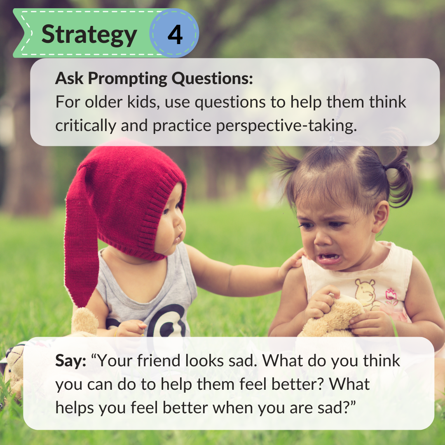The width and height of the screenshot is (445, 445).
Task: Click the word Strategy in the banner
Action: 89,35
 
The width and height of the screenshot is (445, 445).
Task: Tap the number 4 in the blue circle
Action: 175,35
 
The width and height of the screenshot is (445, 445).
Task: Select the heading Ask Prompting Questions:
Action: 154,78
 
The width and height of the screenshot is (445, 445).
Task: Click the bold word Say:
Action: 71,361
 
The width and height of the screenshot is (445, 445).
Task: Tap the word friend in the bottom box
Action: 147,361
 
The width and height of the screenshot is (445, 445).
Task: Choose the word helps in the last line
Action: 75,408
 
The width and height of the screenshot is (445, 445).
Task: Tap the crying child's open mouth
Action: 329,258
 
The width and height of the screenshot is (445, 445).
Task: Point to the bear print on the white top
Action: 365,293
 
